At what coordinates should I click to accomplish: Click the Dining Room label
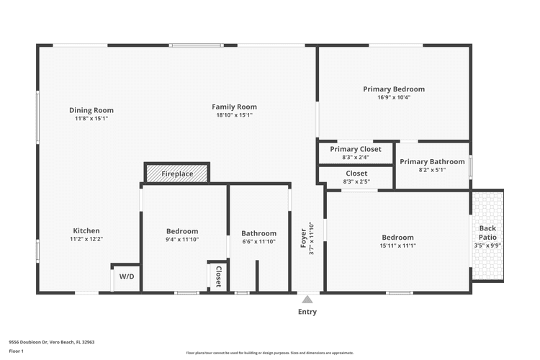(91, 110)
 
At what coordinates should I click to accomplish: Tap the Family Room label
(234, 107)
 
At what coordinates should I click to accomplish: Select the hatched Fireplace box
(177, 174)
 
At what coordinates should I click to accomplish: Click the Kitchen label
(86, 230)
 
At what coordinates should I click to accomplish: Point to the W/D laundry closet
(126, 276)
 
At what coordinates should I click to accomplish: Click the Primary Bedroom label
(393, 89)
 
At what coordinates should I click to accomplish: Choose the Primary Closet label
(356, 149)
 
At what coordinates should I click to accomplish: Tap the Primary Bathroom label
(432, 162)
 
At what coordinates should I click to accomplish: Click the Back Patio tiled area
(487, 235)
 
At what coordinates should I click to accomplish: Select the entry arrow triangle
(307, 300)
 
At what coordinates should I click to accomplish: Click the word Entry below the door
(307, 312)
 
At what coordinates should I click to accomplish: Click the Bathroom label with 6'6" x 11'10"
(258, 233)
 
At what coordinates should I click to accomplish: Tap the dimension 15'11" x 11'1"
(397, 246)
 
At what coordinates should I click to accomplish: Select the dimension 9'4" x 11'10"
(181, 239)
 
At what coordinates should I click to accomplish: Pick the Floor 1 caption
(17, 351)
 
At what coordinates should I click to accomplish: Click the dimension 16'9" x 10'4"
(393, 97)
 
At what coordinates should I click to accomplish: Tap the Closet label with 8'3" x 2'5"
(356, 174)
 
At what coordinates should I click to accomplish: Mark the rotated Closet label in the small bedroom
(218, 276)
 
